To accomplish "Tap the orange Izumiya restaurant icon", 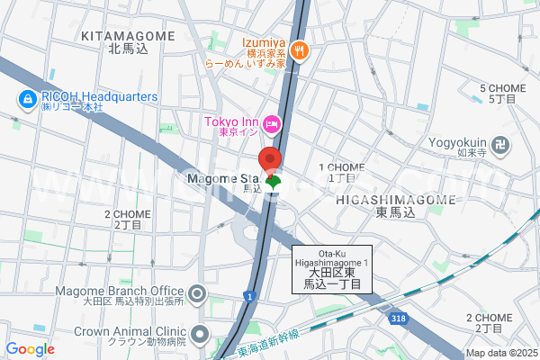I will (301, 51).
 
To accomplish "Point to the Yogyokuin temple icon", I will (501, 142).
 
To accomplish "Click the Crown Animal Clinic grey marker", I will (199, 335).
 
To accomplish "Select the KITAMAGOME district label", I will (128, 35).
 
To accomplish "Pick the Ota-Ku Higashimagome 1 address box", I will (331, 268).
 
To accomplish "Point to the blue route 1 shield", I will (248, 296).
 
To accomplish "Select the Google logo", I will (31, 349).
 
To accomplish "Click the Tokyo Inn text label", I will (231, 122).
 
